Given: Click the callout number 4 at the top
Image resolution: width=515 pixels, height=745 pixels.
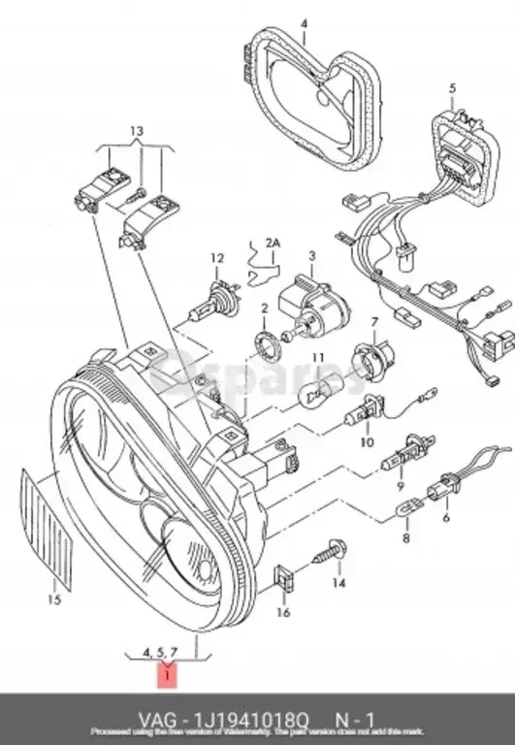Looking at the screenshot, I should [303, 22].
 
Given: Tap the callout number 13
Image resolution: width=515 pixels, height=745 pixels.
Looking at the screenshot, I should [136, 130].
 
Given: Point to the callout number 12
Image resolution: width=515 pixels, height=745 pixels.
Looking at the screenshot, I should [217, 258].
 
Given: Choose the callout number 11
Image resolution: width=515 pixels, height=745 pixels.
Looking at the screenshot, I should [317, 358].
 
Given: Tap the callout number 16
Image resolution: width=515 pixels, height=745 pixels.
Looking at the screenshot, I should [283, 612].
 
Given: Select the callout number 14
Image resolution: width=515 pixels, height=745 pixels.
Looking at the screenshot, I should [338, 583].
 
